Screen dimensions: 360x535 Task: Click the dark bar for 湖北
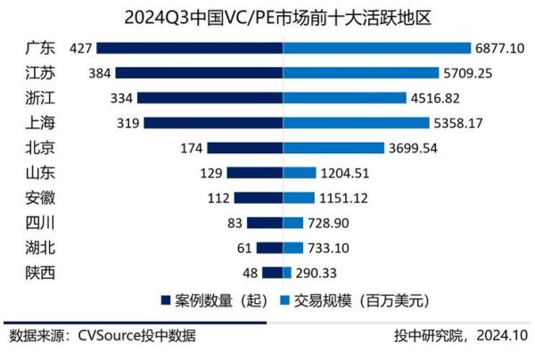point(270,248)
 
